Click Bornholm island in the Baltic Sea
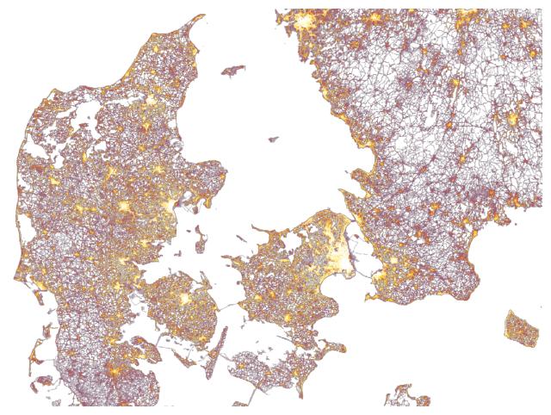tap(520, 328)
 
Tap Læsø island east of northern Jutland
tap(233, 70)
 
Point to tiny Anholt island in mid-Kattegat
tap(274, 139)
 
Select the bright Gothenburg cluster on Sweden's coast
tap(306, 20)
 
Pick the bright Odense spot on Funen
tap(183, 299)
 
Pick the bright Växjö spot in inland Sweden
tap(514, 118)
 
